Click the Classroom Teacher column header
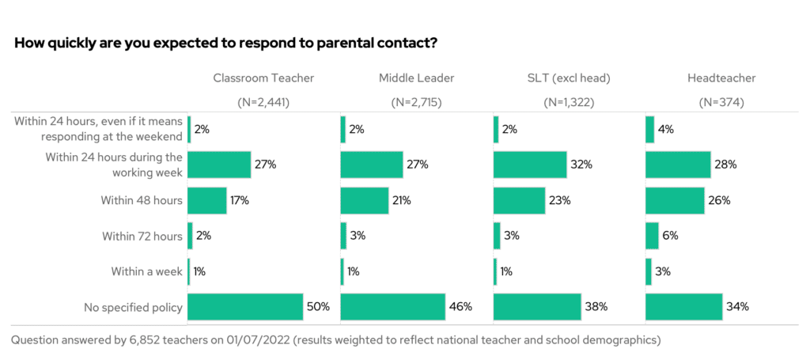tap(263, 78)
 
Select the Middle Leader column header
tap(416, 78)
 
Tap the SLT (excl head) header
tap(569, 78)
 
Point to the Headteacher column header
tap(721, 78)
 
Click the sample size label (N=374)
tap(721, 102)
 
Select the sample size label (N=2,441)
tap(263, 102)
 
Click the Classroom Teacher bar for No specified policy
tap(245, 307)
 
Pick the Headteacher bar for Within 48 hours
tap(675, 200)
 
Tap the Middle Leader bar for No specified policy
tap(392, 307)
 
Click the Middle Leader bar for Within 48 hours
tap(364, 200)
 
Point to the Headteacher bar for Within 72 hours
tap(652, 236)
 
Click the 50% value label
tap(319, 307)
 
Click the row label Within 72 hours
tap(142, 236)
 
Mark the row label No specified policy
tap(134, 307)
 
